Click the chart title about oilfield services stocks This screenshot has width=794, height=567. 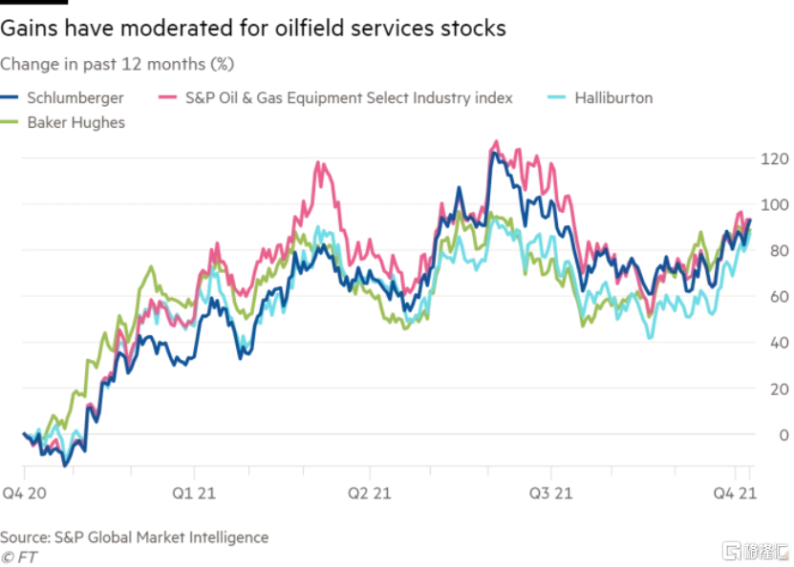coord(253,29)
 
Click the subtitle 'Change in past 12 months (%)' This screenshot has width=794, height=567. coord(118,65)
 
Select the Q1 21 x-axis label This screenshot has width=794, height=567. coord(195,493)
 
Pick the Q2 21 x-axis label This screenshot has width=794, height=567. coord(370,493)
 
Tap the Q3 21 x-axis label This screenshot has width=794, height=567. coord(551,493)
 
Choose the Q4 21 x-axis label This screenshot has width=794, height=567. coord(734,493)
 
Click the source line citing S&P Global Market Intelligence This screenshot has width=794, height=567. coord(134,537)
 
